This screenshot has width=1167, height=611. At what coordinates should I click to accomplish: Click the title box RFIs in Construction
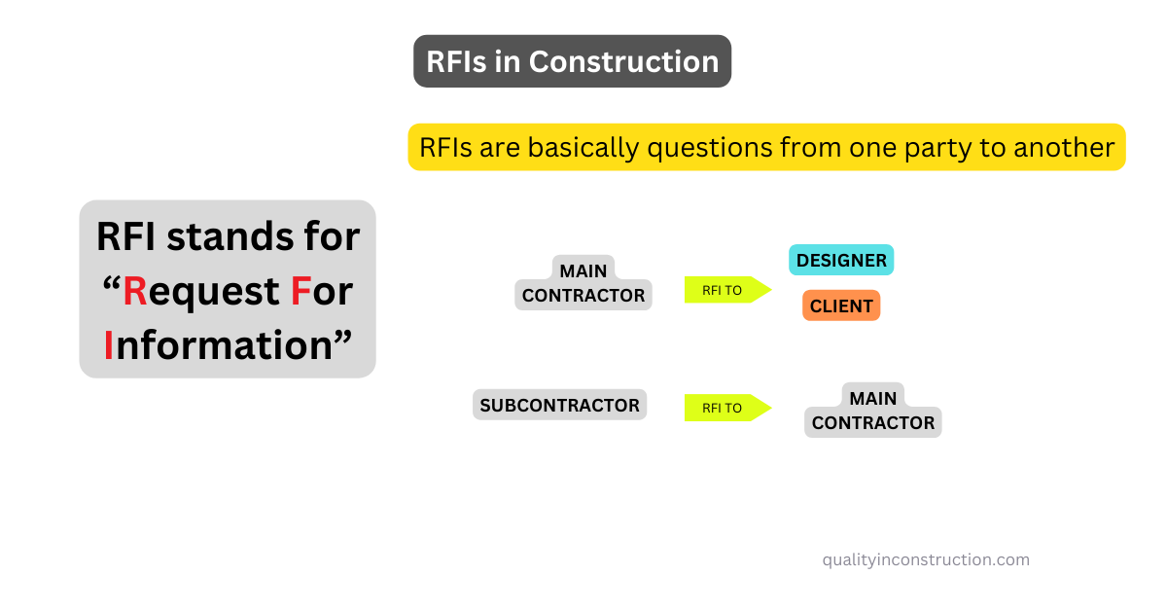coord(572,61)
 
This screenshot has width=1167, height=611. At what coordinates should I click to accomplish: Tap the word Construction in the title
coord(623,61)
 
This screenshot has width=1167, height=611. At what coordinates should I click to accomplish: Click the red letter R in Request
coord(135,291)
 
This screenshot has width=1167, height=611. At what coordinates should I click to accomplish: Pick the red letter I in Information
coord(109,344)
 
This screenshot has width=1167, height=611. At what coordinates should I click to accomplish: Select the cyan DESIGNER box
coord(840,261)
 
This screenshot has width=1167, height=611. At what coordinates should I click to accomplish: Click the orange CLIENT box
coord(841,305)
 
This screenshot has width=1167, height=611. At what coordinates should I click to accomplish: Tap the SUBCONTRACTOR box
coord(559,405)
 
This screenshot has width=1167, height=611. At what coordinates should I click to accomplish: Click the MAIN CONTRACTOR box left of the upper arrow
coord(583,284)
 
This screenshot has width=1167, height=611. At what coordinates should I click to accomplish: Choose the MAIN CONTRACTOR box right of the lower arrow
coord(872,412)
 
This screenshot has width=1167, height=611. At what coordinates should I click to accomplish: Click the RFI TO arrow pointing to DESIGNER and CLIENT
coord(725,290)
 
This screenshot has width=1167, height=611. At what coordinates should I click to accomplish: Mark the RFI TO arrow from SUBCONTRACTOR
coord(725,408)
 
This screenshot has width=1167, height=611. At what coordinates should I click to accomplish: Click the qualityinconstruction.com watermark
coord(925,559)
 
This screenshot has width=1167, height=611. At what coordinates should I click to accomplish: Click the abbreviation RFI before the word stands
coord(130,237)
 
